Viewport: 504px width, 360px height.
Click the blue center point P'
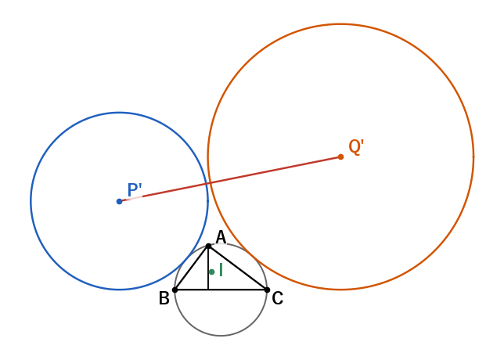119,202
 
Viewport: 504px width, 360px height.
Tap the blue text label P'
135,190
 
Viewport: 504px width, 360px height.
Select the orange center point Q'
340,157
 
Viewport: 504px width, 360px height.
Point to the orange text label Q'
356,147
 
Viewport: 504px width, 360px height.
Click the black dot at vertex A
208,247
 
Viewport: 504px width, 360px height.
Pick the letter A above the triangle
221,238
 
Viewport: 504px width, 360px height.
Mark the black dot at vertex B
175,290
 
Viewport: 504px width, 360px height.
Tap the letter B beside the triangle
164,298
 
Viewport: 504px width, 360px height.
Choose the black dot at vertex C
267,290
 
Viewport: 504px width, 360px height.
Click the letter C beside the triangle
277,298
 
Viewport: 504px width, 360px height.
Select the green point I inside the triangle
211,272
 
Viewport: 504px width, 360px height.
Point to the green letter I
221,270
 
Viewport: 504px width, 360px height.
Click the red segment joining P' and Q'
230,179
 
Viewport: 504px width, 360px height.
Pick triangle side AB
192,268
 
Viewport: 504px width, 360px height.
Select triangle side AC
238,268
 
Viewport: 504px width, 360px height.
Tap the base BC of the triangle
221,290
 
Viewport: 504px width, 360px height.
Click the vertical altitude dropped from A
208,268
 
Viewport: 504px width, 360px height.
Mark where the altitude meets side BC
208,290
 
